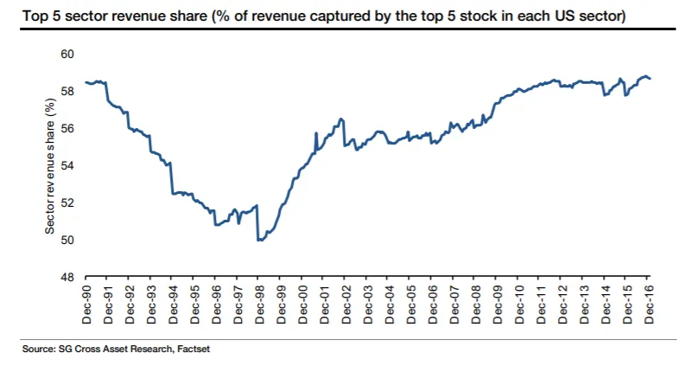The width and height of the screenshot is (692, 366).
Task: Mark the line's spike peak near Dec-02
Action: coord(342,119)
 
